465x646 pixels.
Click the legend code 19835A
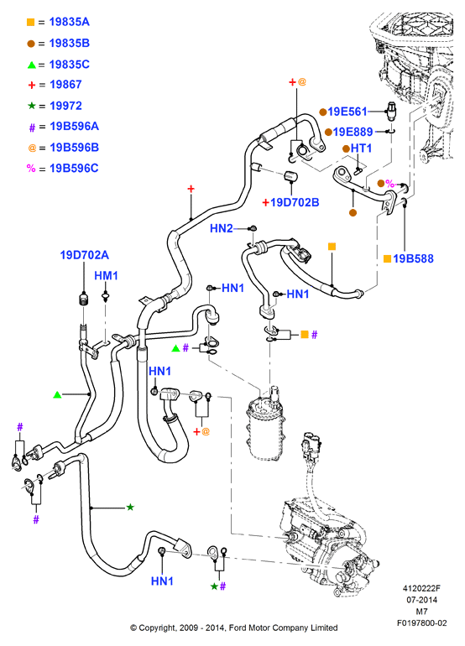[x=70, y=22]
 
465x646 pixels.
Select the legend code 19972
[x=65, y=106]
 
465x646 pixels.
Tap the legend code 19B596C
[x=74, y=168]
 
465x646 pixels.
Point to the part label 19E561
[x=347, y=112]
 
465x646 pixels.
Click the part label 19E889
[x=353, y=132]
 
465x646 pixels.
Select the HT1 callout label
[x=361, y=148]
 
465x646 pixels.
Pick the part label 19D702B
[x=295, y=202]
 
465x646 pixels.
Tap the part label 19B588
[x=413, y=258]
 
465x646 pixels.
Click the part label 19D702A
[x=85, y=255]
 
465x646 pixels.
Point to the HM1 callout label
[x=106, y=276]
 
